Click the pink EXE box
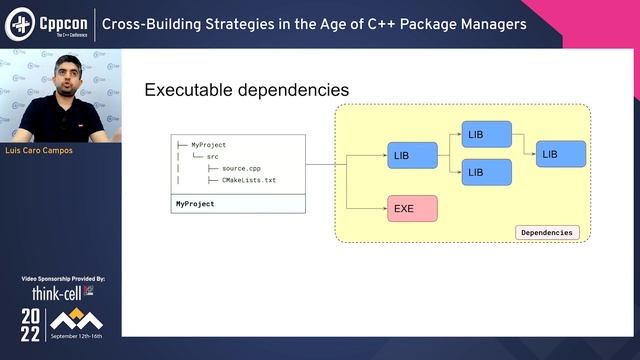coord(412,209)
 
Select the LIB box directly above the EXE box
coord(412,156)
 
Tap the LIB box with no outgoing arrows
coord(561,154)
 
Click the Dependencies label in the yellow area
coord(547,232)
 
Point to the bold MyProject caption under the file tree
coord(195,203)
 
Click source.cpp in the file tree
coord(241,168)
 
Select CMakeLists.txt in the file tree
coord(248,180)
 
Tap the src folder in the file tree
coord(212,157)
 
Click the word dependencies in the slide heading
coord(295,90)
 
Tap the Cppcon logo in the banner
coord(48,23)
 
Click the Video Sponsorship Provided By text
coord(62,278)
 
